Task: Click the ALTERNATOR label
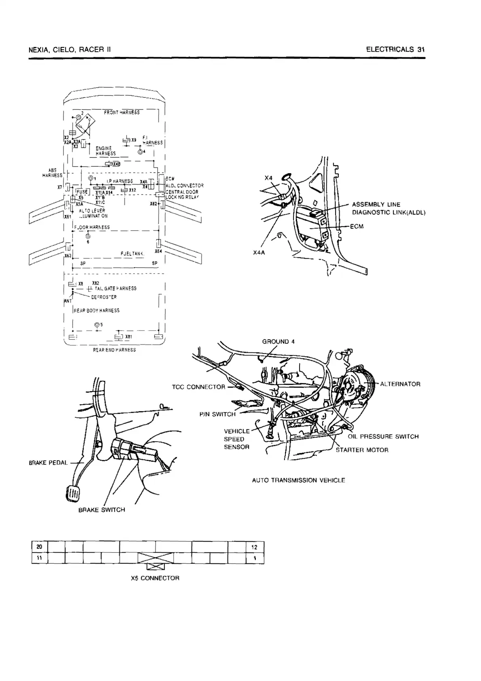(x=400, y=384)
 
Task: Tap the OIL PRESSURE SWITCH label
(x=383, y=436)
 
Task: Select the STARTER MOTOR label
(x=362, y=450)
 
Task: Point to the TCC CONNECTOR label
(x=198, y=387)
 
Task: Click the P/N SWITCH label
(x=217, y=414)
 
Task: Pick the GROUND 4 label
(x=278, y=341)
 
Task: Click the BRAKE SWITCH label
(x=101, y=510)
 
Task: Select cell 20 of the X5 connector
(x=39, y=547)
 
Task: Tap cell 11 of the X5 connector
(x=39, y=558)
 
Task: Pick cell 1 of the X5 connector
(x=255, y=558)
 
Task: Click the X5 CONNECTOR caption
(x=155, y=578)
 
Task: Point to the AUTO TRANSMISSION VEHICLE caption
(x=298, y=480)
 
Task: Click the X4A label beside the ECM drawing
(x=259, y=253)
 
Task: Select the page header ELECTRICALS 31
(x=395, y=50)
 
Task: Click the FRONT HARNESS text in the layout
(x=122, y=112)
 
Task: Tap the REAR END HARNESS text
(x=114, y=350)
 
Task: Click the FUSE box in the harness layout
(x=82, y=192)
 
